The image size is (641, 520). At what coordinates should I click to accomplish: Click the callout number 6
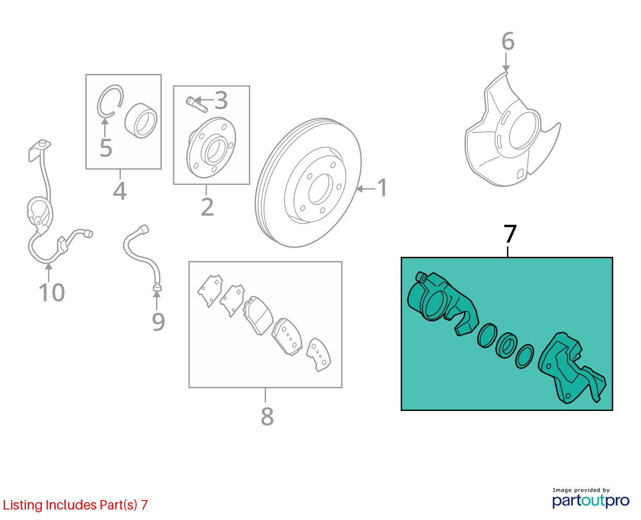tap(507, 41)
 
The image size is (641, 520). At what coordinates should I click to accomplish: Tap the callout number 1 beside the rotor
tap(382, 188)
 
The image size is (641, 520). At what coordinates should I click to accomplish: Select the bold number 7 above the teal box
tap(510, 233)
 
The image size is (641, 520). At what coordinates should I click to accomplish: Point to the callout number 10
tap(52, 292)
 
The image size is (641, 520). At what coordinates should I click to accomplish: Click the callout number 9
tap(159, 322)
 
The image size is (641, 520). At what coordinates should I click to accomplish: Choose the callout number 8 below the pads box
tap(267, 416)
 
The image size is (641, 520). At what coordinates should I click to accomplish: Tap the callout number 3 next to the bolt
tap(221, 100)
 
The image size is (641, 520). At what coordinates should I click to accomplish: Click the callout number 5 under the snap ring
tap(106, 148)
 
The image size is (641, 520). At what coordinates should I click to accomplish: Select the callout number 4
tap(119, 191)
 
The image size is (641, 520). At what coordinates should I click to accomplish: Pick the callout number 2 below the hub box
tap(207, 207)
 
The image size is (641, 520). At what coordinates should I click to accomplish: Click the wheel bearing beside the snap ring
tap(141, 121)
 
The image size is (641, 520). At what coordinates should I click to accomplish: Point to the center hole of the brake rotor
tap(320, 189)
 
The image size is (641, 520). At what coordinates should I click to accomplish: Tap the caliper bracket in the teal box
tap(572, 367)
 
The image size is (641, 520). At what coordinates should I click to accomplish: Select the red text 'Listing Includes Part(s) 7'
tap(75, 505)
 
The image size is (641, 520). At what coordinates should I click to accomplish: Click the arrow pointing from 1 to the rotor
tap(366, 189)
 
